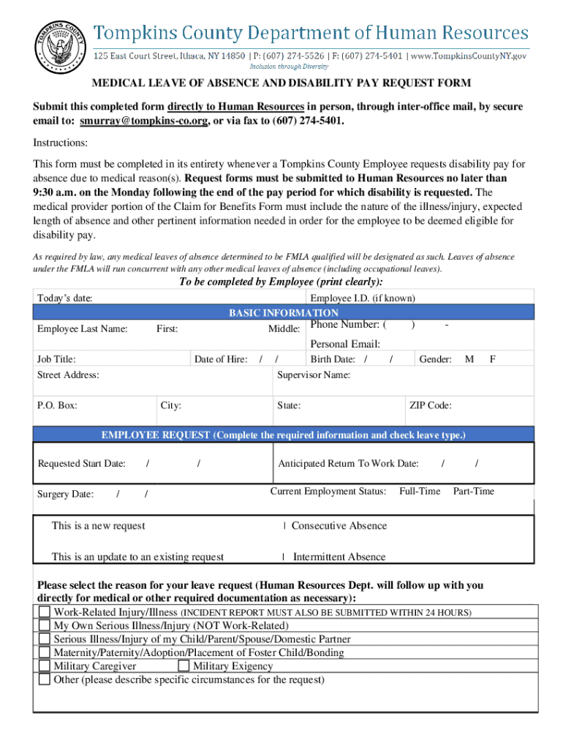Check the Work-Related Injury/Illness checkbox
[x=45, y=611]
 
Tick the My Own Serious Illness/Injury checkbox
[x=45, y=625]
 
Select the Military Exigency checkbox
[x=184, y=666]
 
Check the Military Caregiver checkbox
[x=45, y=666]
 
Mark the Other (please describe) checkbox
[x=45, y=680]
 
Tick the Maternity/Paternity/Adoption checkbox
[x=45, y=652]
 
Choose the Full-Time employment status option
[x=420, y=491]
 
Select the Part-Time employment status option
[x=474, y=491]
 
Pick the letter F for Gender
[x=493, y=359]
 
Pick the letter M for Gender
[x=469, y=359]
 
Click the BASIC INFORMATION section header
[x=284, y=313]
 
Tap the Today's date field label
[x=64, y=298]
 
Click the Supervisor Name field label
[x=314, y=375]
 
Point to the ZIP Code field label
[x=430, y=405]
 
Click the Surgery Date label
[x=65, y=494]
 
